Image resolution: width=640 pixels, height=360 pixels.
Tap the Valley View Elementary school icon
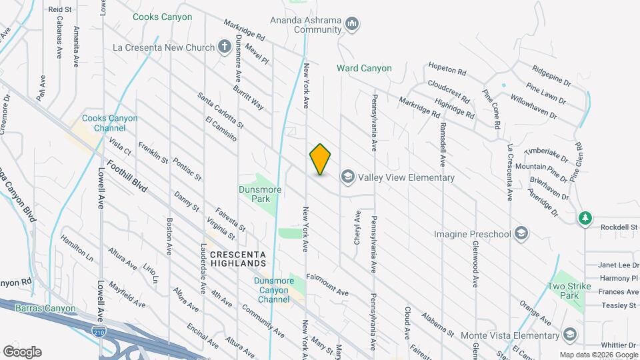point(347,177)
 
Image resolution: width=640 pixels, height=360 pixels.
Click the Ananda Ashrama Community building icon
point(353,25)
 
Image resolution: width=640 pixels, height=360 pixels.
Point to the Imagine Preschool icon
point(521,234)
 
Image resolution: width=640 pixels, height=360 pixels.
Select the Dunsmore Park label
point(260,194)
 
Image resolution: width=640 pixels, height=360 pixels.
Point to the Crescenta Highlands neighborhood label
point(238,259)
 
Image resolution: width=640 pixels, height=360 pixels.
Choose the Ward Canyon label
point(364,69)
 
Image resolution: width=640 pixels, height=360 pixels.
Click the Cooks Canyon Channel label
point(109,123)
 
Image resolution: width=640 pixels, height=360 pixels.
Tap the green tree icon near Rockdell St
point(585,218)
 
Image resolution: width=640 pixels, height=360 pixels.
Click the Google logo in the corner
point(22,352)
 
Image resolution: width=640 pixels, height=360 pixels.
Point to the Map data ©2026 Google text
point(598,355)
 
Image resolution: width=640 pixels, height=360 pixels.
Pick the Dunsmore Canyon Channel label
point(265,291)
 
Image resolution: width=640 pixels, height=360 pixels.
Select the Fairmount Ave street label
point(327,284)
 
